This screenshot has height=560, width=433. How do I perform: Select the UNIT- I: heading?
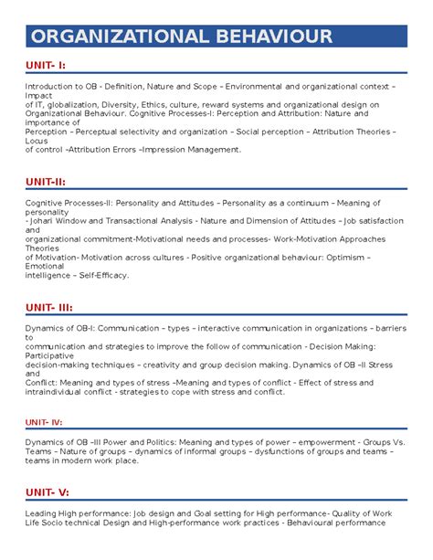[46, 65]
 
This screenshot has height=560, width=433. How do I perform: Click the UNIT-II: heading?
[45, 181]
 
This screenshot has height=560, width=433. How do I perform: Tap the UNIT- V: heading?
[47, 494]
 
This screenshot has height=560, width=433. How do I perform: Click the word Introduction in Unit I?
[49, 87]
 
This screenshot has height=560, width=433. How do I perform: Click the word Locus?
[37, 141]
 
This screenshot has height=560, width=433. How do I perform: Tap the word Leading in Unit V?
[42, 515]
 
